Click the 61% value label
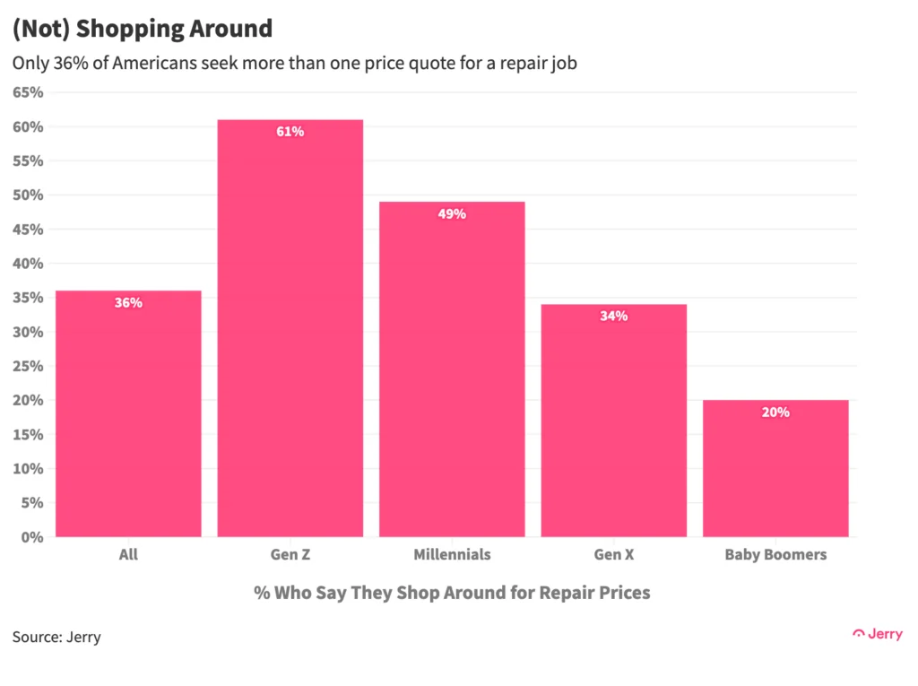pos(290,132)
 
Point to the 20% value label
pos(775,412)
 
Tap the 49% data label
pos(452,214)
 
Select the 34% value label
pos(614,317)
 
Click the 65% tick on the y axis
pos(28,92)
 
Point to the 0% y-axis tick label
pos(31,537)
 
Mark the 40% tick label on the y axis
pos(28,264)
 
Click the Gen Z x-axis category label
pos(290,555)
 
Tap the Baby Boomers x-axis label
pos(775,555)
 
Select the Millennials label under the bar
pos(452,555)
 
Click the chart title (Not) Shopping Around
pos(142,29)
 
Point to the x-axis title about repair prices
pos(452,593)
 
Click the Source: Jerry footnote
pos(56,638)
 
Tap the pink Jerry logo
pos(877,634)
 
